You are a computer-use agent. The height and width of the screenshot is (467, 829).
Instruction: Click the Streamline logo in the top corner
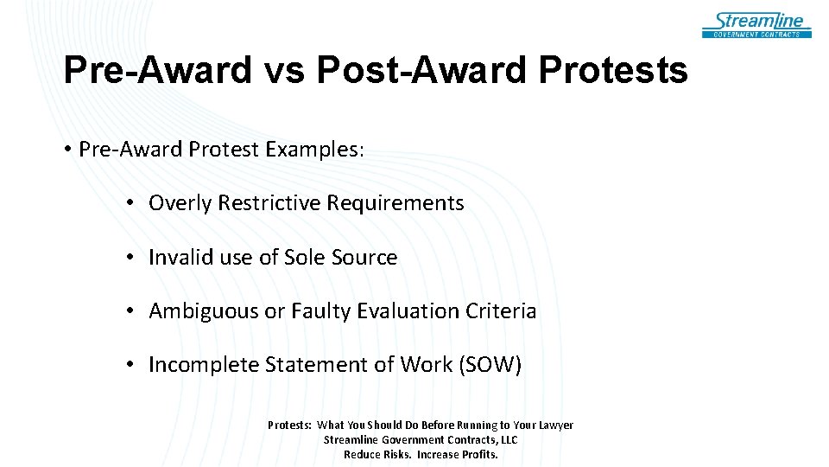pyautogui.click(x=756, y=24)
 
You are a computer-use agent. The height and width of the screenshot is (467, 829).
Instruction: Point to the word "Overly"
pyautogui.click(x=180, y=203)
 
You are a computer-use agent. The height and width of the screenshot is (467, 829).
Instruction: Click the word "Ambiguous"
pyautogui.click(x=203, y=311)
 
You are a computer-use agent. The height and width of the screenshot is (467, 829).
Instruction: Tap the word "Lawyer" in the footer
pyautogui.click(x=554, y=425)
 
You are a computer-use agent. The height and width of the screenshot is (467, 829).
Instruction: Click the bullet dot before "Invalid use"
pyautogui.click(x=128, y=258)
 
